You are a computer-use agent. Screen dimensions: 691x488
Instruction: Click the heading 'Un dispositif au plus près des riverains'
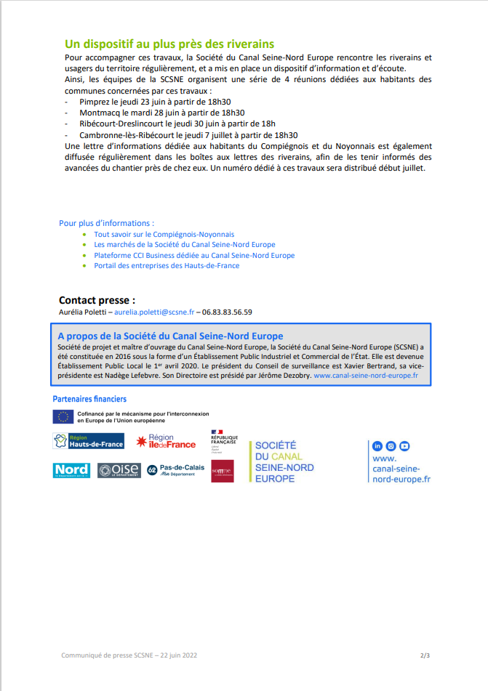pyautogui.click(x=169, y=44)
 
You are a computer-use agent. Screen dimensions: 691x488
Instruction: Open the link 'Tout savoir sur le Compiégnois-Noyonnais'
pyautogui.click(x=164, y=234)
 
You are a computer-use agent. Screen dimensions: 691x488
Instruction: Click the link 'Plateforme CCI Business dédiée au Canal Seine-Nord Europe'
pyautogui.click(x=194, y=255)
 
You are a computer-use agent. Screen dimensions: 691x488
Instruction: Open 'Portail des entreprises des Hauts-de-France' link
pyautogui.click(x=167, y=265)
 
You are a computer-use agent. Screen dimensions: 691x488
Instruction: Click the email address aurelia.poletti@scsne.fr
pyautogui.click(x=154, y=312)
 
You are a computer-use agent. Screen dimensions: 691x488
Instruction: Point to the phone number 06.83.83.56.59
pyautogui.click(x=228, y=312)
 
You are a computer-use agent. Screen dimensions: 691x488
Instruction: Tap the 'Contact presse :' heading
pyautogui.click(x=97, y=300)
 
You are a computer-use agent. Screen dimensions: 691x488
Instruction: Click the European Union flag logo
pyautogui.click(x=63, y=416)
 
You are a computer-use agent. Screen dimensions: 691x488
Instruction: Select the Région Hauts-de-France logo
pyautogui.click(x=89, y=441)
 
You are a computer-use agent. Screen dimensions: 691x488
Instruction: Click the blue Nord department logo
pyautogui.click(x=71, y=470)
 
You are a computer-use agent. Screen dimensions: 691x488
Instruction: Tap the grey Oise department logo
pyautogui.click(x=118, y=470)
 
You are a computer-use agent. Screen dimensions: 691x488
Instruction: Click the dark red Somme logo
pyautogui.click(x=222, y=471)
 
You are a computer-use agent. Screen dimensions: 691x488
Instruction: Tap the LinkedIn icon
pyautogui.click(x=377, y=446)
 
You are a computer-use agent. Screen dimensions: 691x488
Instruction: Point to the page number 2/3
pyautogui.click(x=425, y=655)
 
